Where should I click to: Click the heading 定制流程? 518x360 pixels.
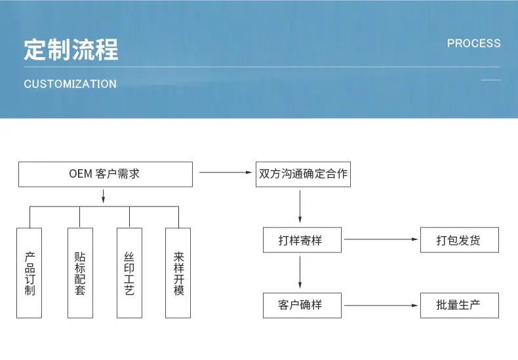tap(71, 50)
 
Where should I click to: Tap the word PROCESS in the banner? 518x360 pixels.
tap(473, 43)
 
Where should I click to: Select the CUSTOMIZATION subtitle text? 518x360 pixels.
tap(70, 84)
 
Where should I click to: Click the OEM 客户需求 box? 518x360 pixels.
tap(106, 174)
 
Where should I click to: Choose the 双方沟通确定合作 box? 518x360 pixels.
tap(303, 174)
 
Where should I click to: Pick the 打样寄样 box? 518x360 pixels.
tap(302, 240)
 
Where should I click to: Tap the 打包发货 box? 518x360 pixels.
tap(459, 240)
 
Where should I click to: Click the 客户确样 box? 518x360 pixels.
tap(302, 305)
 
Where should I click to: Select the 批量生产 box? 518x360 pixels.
tap(459, 305)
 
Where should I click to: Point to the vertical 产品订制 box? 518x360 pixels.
tap(29, 273)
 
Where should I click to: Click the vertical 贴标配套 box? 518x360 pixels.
tap(80, 273)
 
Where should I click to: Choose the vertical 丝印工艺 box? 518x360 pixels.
tap(129, 273)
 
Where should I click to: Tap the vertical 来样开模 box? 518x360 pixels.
tap(178, 273)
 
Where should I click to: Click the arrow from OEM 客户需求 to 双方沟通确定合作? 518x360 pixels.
tap(226, 172)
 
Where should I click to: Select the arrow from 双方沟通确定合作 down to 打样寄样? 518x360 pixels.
tap(300, 207)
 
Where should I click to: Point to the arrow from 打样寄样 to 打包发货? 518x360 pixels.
tap(381, 239)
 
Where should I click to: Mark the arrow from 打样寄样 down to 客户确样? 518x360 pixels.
tap(300, 272)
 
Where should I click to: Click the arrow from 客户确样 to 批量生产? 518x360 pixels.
tap(381, 305)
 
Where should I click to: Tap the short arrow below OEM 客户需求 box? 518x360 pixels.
tap(103, 196)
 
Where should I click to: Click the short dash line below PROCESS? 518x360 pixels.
tap(490, 80)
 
